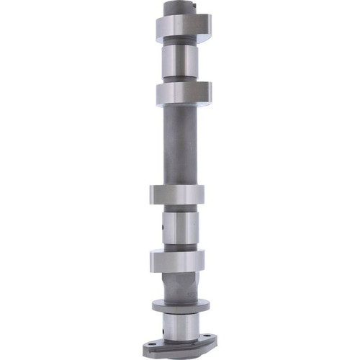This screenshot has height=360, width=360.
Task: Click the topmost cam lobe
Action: pos(183,26)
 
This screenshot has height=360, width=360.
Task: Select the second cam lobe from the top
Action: pos(183,92)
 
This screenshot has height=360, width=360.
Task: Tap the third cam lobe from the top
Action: pos(177,195)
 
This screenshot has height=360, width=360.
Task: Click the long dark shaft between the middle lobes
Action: pos(179,144)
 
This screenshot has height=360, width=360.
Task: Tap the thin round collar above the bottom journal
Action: pos(180,306)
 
